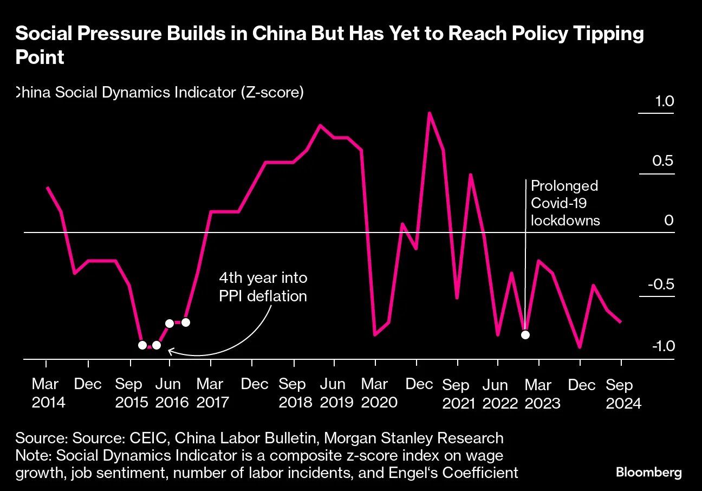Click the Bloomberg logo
coord(648,472)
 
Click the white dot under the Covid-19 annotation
coord(525,334)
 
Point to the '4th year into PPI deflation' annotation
coord(263,287)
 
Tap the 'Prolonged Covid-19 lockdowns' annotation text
coord(565,203)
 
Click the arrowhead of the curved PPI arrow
coord(170,351)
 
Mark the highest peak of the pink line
coord(430,113)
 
